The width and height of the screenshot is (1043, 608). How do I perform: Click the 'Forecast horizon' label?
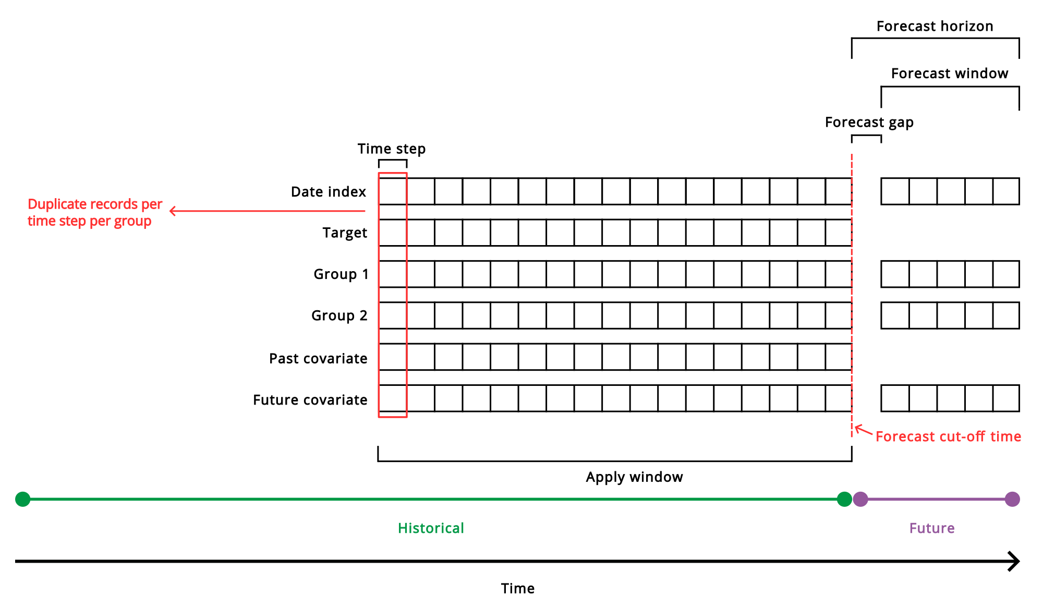point(935,27)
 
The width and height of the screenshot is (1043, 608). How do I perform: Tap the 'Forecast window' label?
point(949,74)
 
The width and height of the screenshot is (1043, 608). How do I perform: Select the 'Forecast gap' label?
point(869,123)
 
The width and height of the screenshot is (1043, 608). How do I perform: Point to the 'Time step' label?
point(391,149)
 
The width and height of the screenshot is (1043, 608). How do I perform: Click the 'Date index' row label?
point(329,192)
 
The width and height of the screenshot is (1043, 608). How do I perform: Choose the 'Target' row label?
point(344,233)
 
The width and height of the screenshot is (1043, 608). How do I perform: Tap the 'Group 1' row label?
point(341,274)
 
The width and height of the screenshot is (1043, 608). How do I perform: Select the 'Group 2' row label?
point(339,315)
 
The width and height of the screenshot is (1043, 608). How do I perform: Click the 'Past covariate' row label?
point(318,359)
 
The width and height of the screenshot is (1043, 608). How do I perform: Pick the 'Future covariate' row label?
point(310,400)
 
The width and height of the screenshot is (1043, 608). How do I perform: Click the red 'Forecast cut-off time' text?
point(948,436)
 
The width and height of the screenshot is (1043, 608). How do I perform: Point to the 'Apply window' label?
point(634,477)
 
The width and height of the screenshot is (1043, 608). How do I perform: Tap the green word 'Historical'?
point(431,528)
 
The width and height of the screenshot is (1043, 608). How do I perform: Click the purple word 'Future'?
point(931,528)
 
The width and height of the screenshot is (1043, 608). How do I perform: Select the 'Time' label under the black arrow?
point(517,589)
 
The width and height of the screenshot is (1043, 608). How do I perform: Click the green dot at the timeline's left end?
point(23,499)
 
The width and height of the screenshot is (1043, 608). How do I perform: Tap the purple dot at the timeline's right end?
point(1012,499)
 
